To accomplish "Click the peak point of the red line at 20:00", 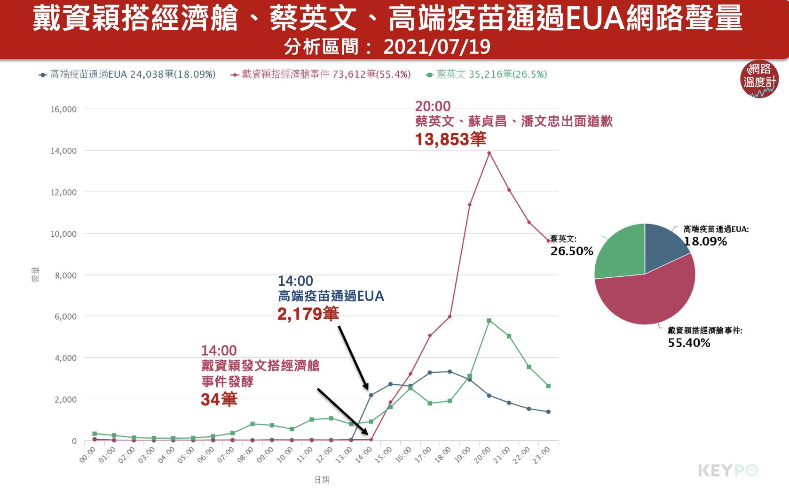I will [x=489, y=153].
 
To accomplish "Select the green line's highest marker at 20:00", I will [x=489, y=321].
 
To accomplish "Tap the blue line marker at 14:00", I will [x=371, y=395].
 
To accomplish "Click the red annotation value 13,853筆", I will [x=450, y=139].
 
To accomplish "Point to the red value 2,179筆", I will [x=308, y=314].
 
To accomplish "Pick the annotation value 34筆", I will [x=219, y=400].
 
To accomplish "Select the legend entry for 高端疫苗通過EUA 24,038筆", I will [x=127, y=74].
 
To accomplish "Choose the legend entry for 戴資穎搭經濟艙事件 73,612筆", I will [x=321, y=74].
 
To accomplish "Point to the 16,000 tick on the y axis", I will [x=63, y=109].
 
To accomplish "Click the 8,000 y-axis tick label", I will [x=66, y=275].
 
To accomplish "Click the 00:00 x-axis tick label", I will [x=87, y=455].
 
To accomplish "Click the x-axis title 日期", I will [x=322, y=480].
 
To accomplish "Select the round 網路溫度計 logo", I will [x=759, y=79].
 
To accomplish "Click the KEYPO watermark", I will [x=728, y=470].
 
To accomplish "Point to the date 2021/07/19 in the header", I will [x=437, y=47].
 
